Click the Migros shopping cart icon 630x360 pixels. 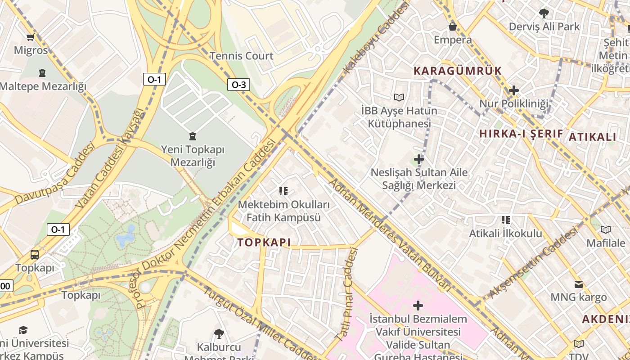pos(30,37)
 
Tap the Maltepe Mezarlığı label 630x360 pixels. pos(43,86)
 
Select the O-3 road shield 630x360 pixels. pos(238,84)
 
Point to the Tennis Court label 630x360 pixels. pos(242,56)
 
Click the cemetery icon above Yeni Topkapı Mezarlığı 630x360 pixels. pos(193,136)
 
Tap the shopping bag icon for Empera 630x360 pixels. pos(452,27)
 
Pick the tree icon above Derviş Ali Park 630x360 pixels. pos(544,13)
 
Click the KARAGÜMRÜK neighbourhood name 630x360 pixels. pos(457,71)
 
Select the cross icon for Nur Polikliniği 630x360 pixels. pos(513,90)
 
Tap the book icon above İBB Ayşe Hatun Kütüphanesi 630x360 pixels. pos(399,97)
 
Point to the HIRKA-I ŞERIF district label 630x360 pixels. pos(521,134)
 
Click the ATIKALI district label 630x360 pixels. pos(592,137)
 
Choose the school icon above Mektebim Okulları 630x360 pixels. pos(283,191)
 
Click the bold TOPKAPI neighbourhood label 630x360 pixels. pos(264,243)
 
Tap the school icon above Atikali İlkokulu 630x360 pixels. pos(506,220)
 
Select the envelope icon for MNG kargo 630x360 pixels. pos(579,284)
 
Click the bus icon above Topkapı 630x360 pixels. pos(35,254)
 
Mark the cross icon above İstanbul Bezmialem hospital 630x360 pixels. pos(418,306)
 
